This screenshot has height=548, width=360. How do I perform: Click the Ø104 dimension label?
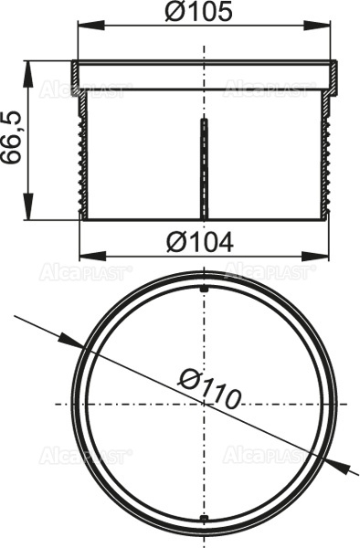(203, 241)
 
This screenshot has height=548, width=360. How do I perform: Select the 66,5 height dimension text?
(12, 140)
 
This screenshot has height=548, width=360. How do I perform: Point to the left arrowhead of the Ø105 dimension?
(80, 26)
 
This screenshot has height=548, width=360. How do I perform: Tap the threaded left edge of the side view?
(84, 155)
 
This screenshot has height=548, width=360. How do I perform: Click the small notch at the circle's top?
(204, 289)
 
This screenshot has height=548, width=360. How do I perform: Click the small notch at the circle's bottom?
(204, 521)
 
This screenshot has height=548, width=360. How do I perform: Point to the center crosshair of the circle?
(204, 404)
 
